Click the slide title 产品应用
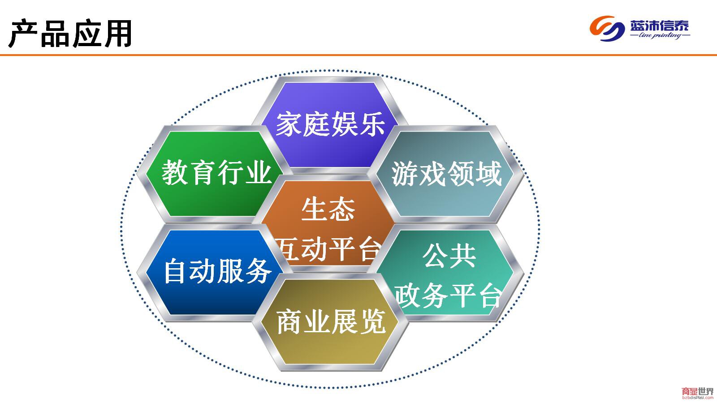[70, 34]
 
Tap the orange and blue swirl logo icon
[607, 29]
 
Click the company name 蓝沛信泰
[659, 26]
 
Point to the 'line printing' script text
[660, 35]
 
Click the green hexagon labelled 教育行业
[215, 174]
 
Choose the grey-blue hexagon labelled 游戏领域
[445, 174]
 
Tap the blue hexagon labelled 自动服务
[215, 272]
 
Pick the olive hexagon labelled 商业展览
[330, 322]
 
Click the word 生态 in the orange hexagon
[328, 209]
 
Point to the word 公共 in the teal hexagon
[449, 255]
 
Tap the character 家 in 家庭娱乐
[289, 124]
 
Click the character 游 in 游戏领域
[405, 173]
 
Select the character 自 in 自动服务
[175, 271]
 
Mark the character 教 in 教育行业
[174, 173]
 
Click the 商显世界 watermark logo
[698, 393]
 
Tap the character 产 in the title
[23, 34]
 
